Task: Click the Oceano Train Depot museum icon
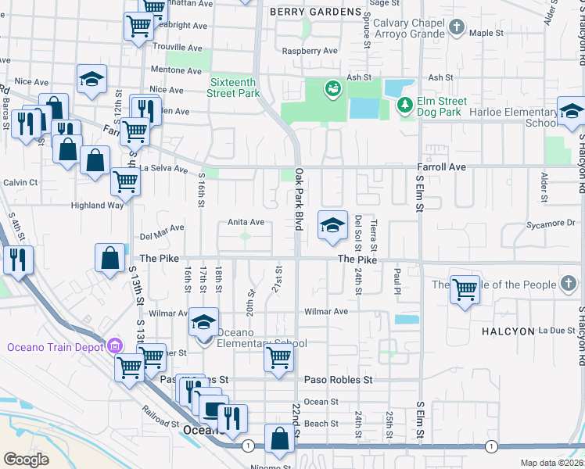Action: [x=115, y=345]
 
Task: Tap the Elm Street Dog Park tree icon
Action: [x=404, y=105]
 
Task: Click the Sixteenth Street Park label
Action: [x=233, y=87]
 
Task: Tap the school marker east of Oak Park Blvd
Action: [x=332, y=225]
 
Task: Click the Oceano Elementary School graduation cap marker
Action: [x=203, y=321]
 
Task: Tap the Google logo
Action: [x=26, y=459]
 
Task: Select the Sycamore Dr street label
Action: [x=551, y=223]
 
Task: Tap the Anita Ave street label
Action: [x=246, y=221]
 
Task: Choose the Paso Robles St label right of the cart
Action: [x=339, y=380]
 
